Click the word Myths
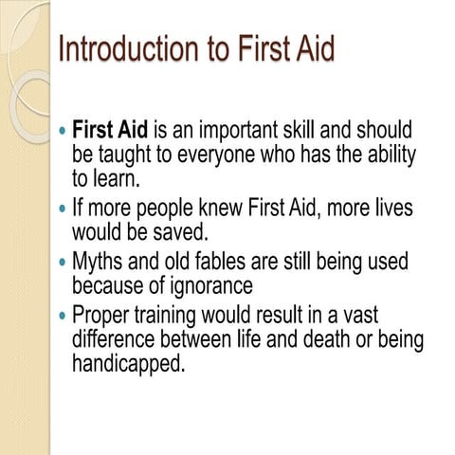click(103, 261)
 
